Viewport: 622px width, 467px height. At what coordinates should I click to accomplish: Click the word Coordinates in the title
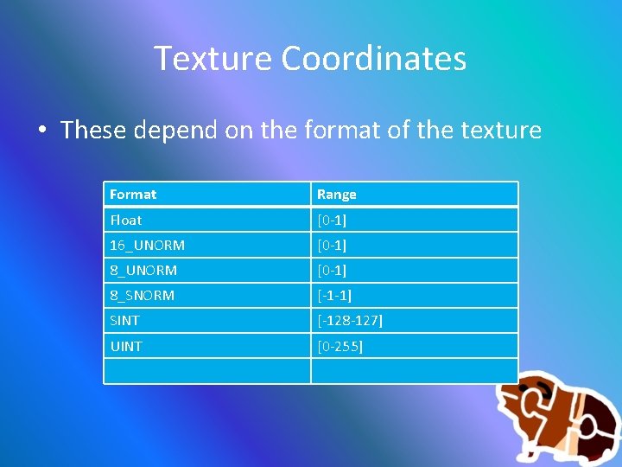click(x=374, y=59)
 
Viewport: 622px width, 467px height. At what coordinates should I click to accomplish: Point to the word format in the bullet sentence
click(x=332, y=131)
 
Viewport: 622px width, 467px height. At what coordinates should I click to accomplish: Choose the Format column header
click(x=133, y=195)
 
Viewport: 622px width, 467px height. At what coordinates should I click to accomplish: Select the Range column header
click(x=337, y=195)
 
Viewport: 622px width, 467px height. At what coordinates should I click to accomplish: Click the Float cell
click(x=126, y=220)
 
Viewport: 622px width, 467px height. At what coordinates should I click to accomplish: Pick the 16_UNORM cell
click(x=147, y=245)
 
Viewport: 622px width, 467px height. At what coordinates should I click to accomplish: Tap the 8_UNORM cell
click(x=143, y=270)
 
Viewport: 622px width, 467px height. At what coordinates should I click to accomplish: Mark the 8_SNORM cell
click(x=143, y=295)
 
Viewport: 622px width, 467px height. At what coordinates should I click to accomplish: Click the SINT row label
click(x=124, y=320)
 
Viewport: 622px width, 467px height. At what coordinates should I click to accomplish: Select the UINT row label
click(x=126, y=346)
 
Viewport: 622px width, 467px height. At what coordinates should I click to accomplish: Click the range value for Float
click(x=332, y=220)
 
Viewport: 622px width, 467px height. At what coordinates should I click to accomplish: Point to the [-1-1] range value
click(x=334, y=295)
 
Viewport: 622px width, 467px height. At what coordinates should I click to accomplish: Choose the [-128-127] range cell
click(x=350, y=320)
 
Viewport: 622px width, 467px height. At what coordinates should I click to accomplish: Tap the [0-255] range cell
click(x=340, y=346)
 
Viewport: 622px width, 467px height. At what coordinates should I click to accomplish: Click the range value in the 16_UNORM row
click(x=332, y=245)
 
